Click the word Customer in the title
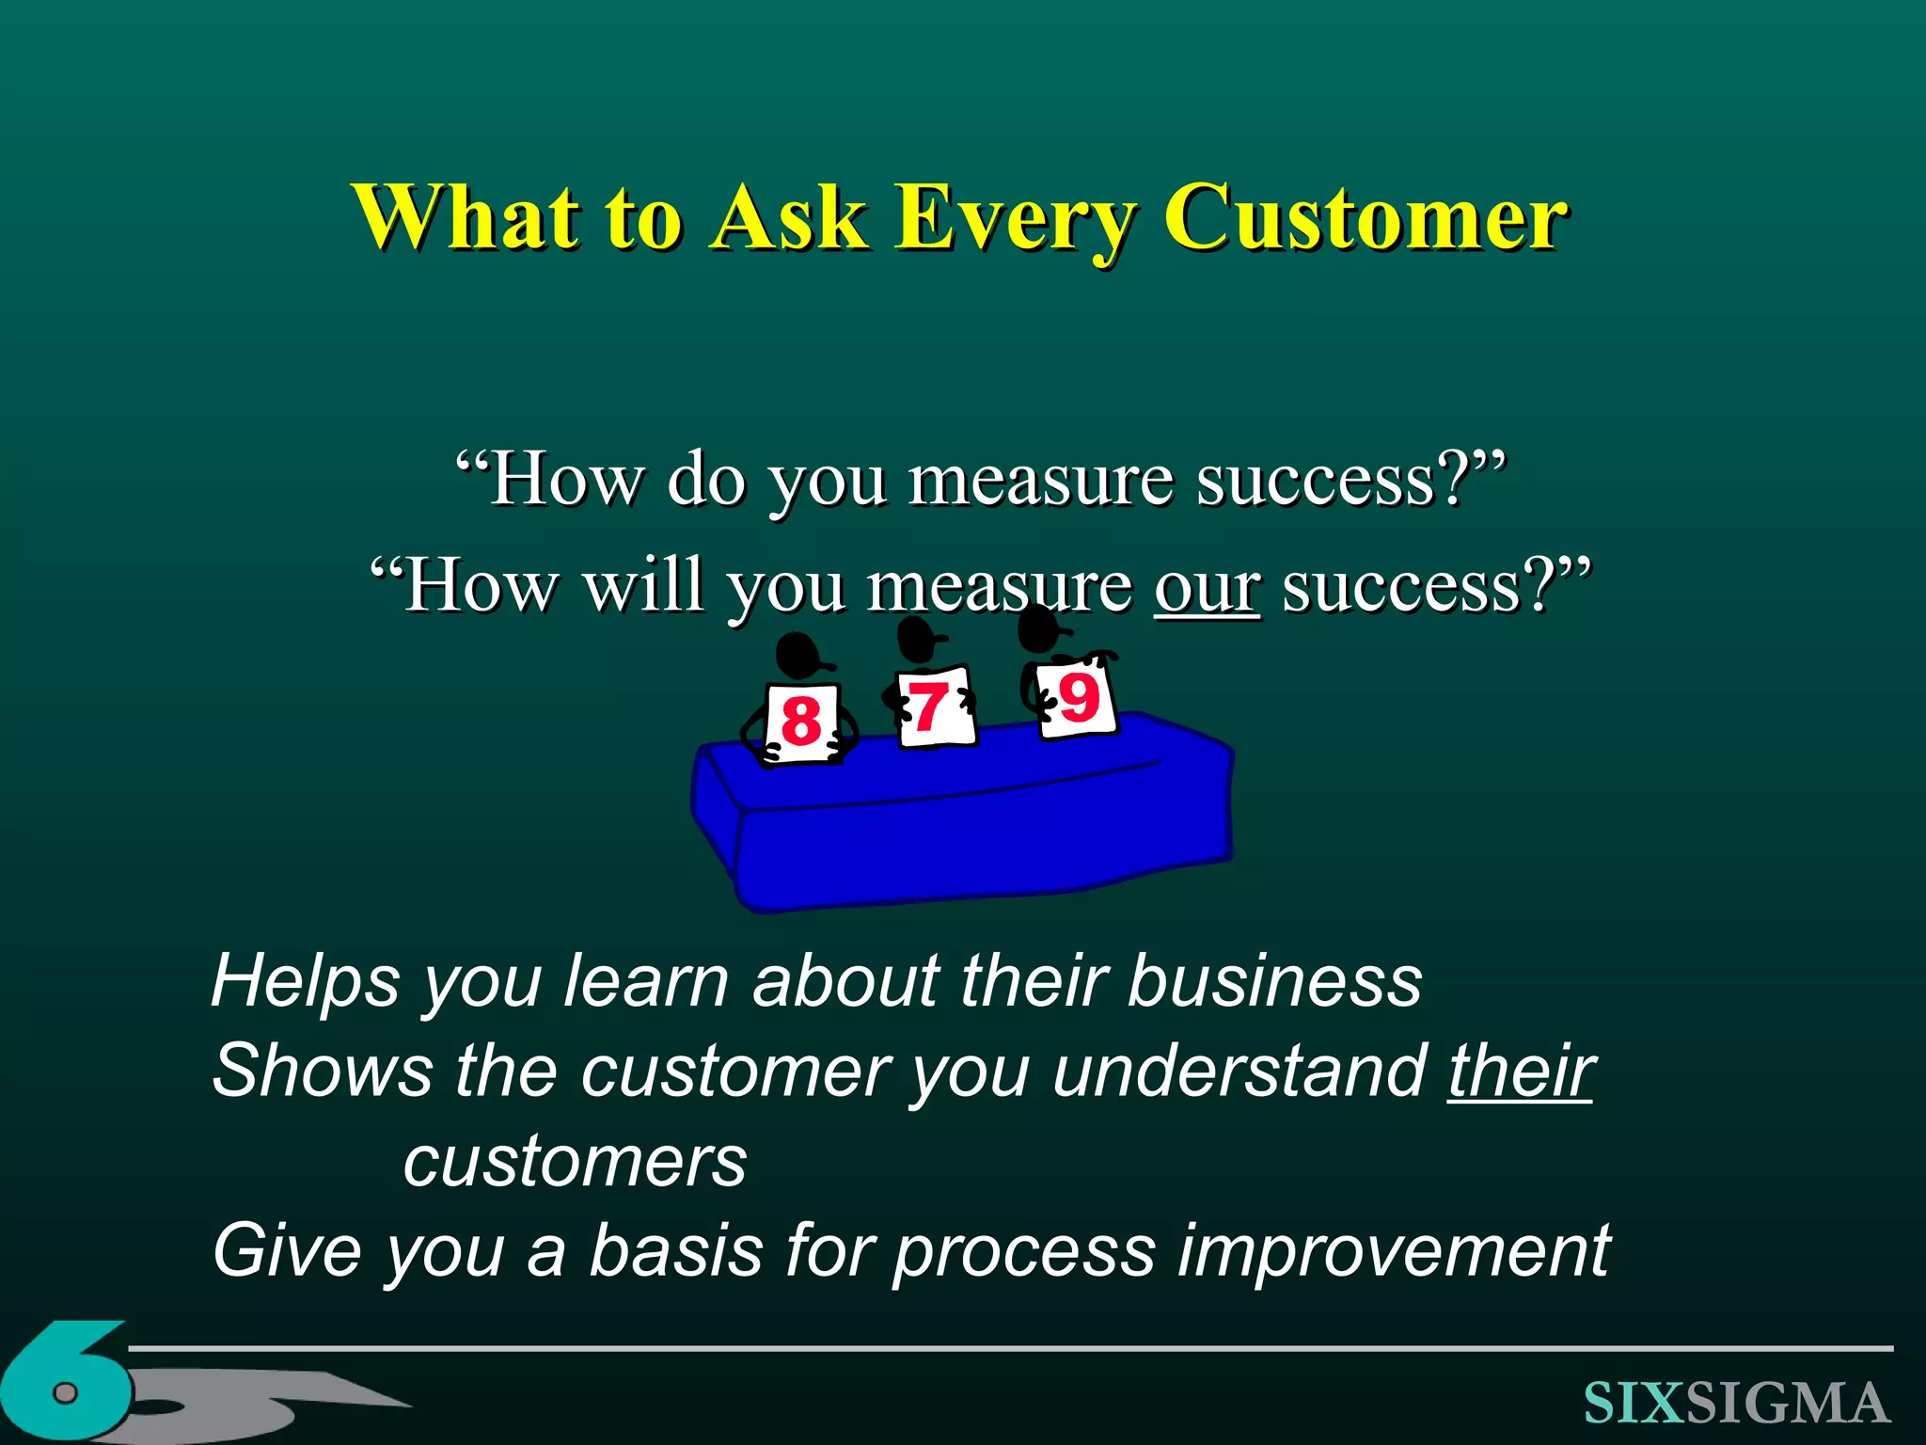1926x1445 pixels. [1365, 218]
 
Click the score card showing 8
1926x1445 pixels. [802, 722]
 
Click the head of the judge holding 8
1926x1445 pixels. [799, 655]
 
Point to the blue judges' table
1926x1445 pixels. [959, 828]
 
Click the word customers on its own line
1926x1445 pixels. [575, 1163]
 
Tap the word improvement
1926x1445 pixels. [1395, 1251]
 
